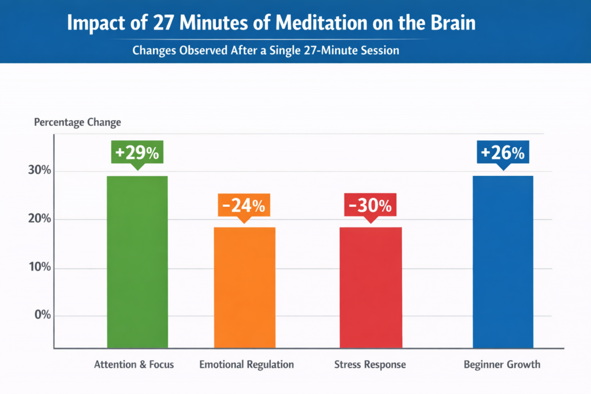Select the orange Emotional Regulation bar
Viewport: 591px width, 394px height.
point(245,287)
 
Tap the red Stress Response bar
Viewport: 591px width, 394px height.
point(371,287)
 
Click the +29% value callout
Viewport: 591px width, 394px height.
point(137,153)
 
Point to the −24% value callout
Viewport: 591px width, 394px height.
point(245,206)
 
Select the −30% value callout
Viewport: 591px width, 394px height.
point(371,205)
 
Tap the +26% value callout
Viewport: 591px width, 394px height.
point(503,153)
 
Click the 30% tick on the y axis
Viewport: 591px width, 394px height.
point(39,171)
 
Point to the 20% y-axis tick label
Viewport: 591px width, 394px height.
point(39,220)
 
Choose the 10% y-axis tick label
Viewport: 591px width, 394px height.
point(39,268)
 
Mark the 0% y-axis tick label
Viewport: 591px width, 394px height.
point(42,316)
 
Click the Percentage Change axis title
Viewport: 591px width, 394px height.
point(77,122)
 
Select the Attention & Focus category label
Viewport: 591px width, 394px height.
point(134,365)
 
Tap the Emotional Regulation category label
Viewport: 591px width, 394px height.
point(246,365)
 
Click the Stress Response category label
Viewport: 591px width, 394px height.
point(370,365)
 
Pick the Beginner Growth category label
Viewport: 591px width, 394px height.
point(502,365)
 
